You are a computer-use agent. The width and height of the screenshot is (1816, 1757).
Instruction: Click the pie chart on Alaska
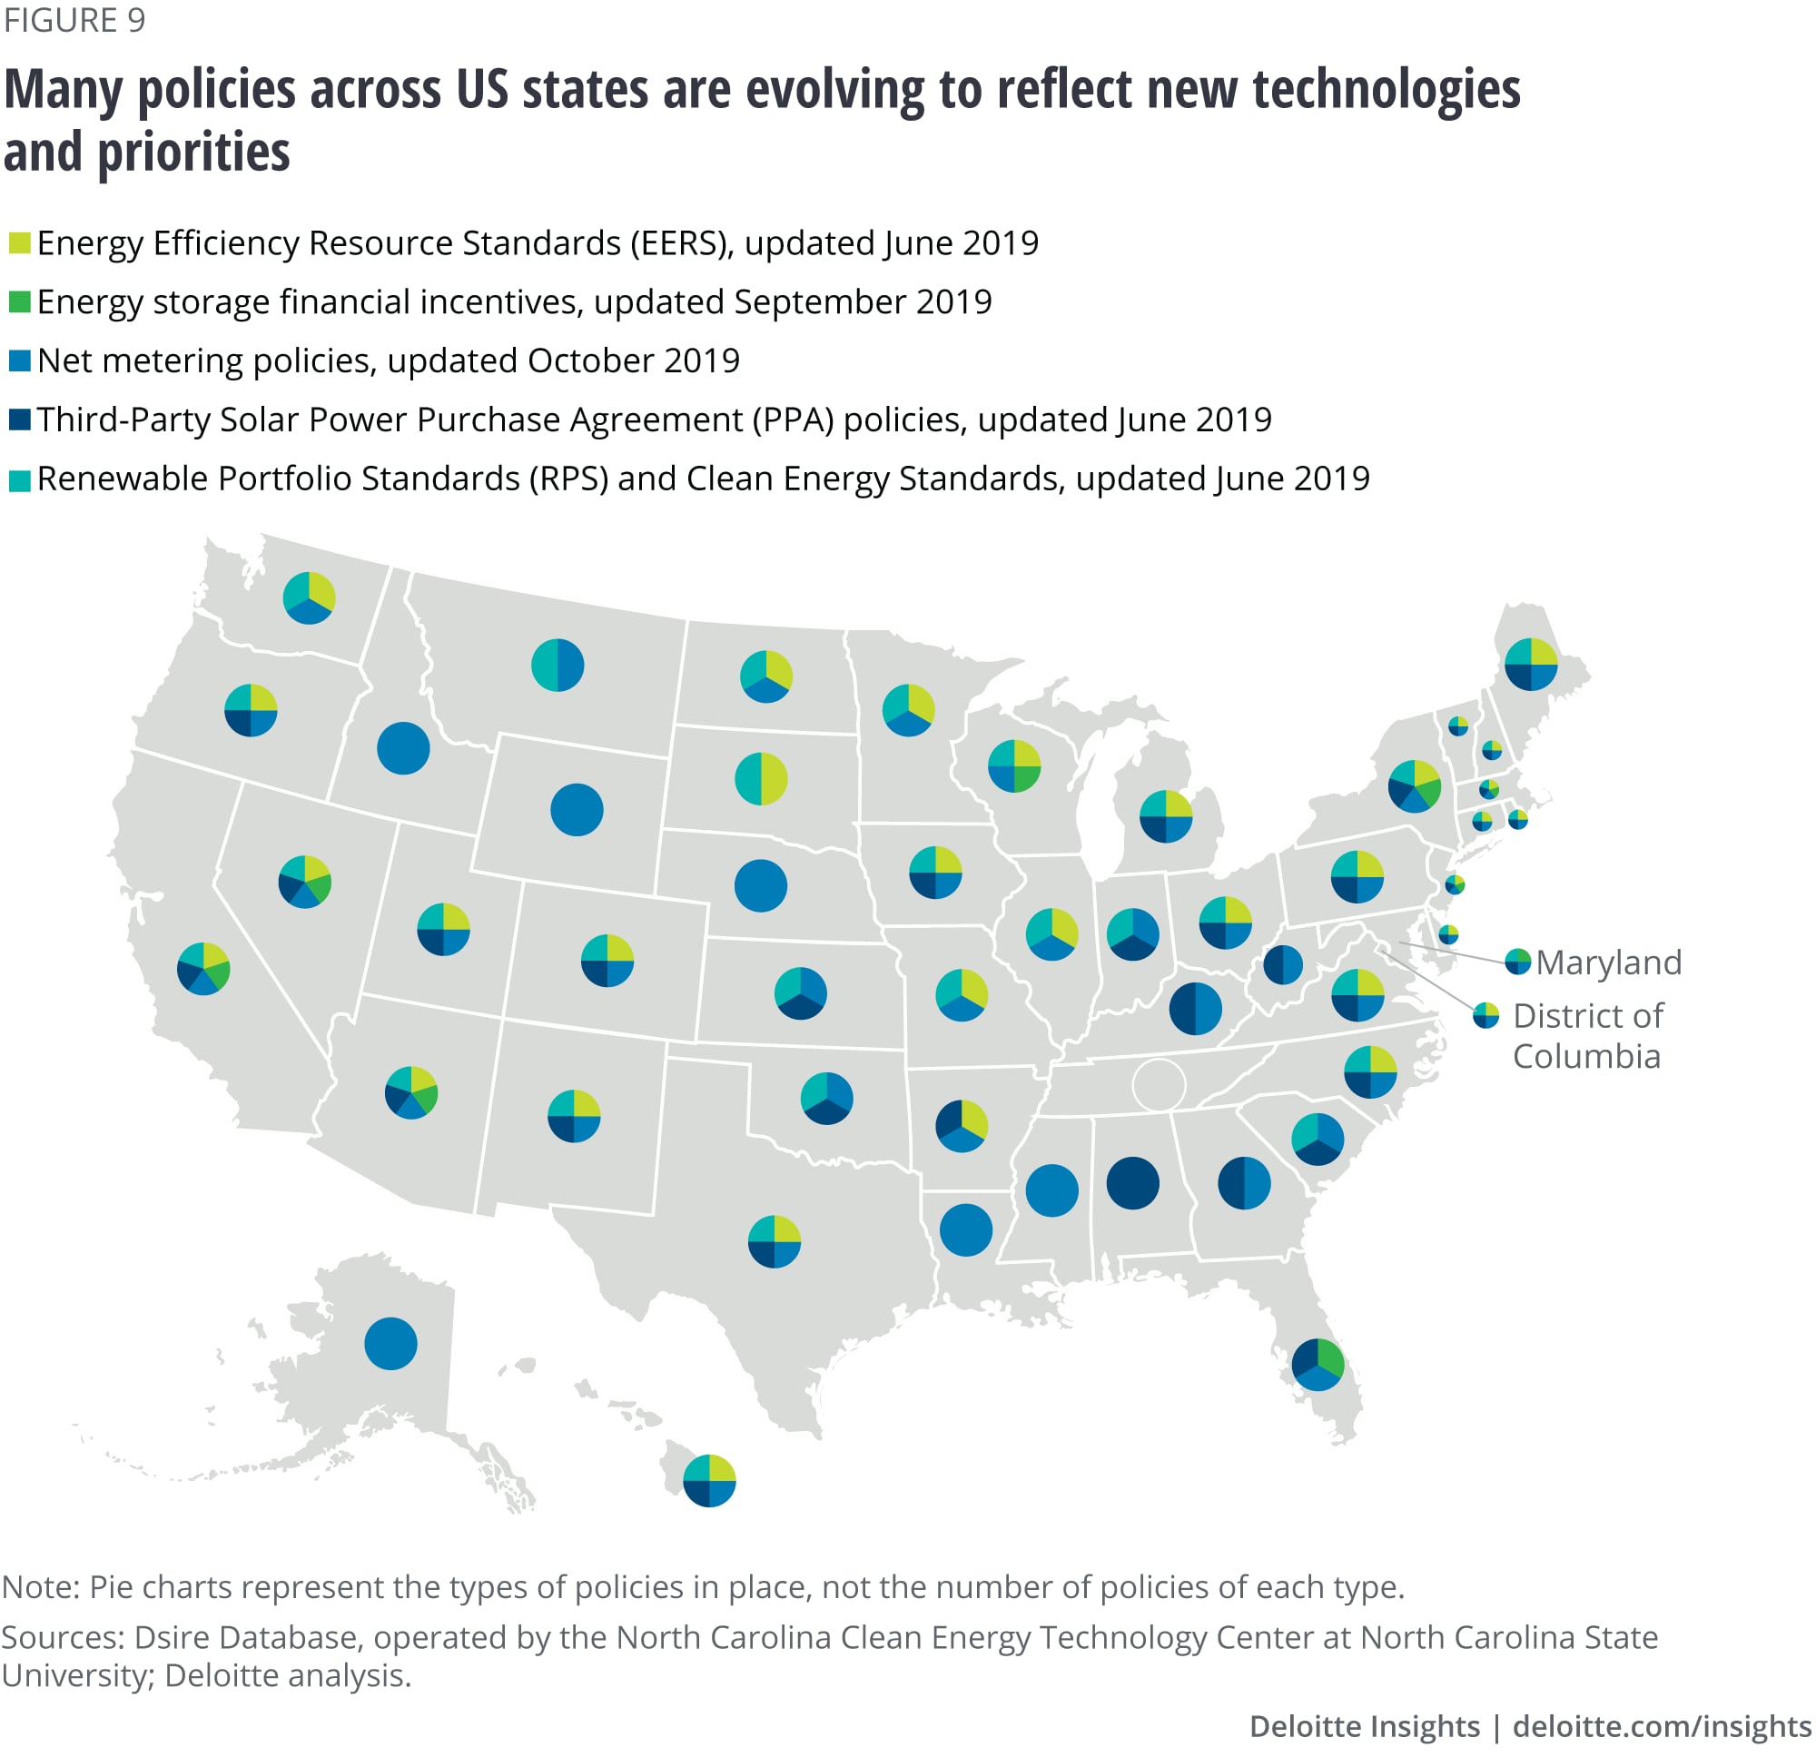click(x=390, y=1344)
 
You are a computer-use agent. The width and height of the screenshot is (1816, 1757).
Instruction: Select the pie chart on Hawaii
click(x=709, y=1481)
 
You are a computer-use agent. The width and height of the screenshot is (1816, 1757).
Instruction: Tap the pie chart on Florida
click(x=1318, y=1365)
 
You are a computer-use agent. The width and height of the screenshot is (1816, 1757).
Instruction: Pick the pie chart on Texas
click(x=774, y=1242)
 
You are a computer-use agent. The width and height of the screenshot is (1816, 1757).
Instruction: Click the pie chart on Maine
click(x=1531, y=665)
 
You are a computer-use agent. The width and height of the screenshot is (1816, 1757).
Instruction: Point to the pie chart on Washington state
click(x=309, y=597)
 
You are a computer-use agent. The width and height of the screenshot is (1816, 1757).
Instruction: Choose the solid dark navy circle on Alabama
click(x=1132, y=1183)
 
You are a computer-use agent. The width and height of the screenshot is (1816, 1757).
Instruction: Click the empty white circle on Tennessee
click(x=1159, y=1084)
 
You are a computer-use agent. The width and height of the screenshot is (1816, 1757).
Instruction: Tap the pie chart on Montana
click(x=557, y=666)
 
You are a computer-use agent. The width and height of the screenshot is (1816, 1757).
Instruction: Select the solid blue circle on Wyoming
click(x=577, y=810)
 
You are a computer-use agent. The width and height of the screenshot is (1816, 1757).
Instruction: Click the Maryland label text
click(x=1608, y=962)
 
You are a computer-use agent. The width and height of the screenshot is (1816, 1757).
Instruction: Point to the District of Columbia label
click(x=1587, y=1036)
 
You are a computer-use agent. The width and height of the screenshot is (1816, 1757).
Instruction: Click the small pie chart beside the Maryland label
click(x=1517, y=962)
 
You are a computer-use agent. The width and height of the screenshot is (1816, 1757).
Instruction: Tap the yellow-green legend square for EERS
click(x=19, y=243)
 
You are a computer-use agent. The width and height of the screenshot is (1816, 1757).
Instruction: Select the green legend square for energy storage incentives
click(x=19, y=302)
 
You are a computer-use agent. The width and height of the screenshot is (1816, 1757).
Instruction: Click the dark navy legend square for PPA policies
click(x=19, y=420)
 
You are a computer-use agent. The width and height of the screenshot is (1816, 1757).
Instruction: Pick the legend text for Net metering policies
click(x=389, y=360)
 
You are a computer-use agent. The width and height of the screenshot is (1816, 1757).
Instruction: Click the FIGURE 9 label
click(x=74, y=20)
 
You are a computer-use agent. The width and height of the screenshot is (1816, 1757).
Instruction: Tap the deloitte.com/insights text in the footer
click(x=1663, y=1725)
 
